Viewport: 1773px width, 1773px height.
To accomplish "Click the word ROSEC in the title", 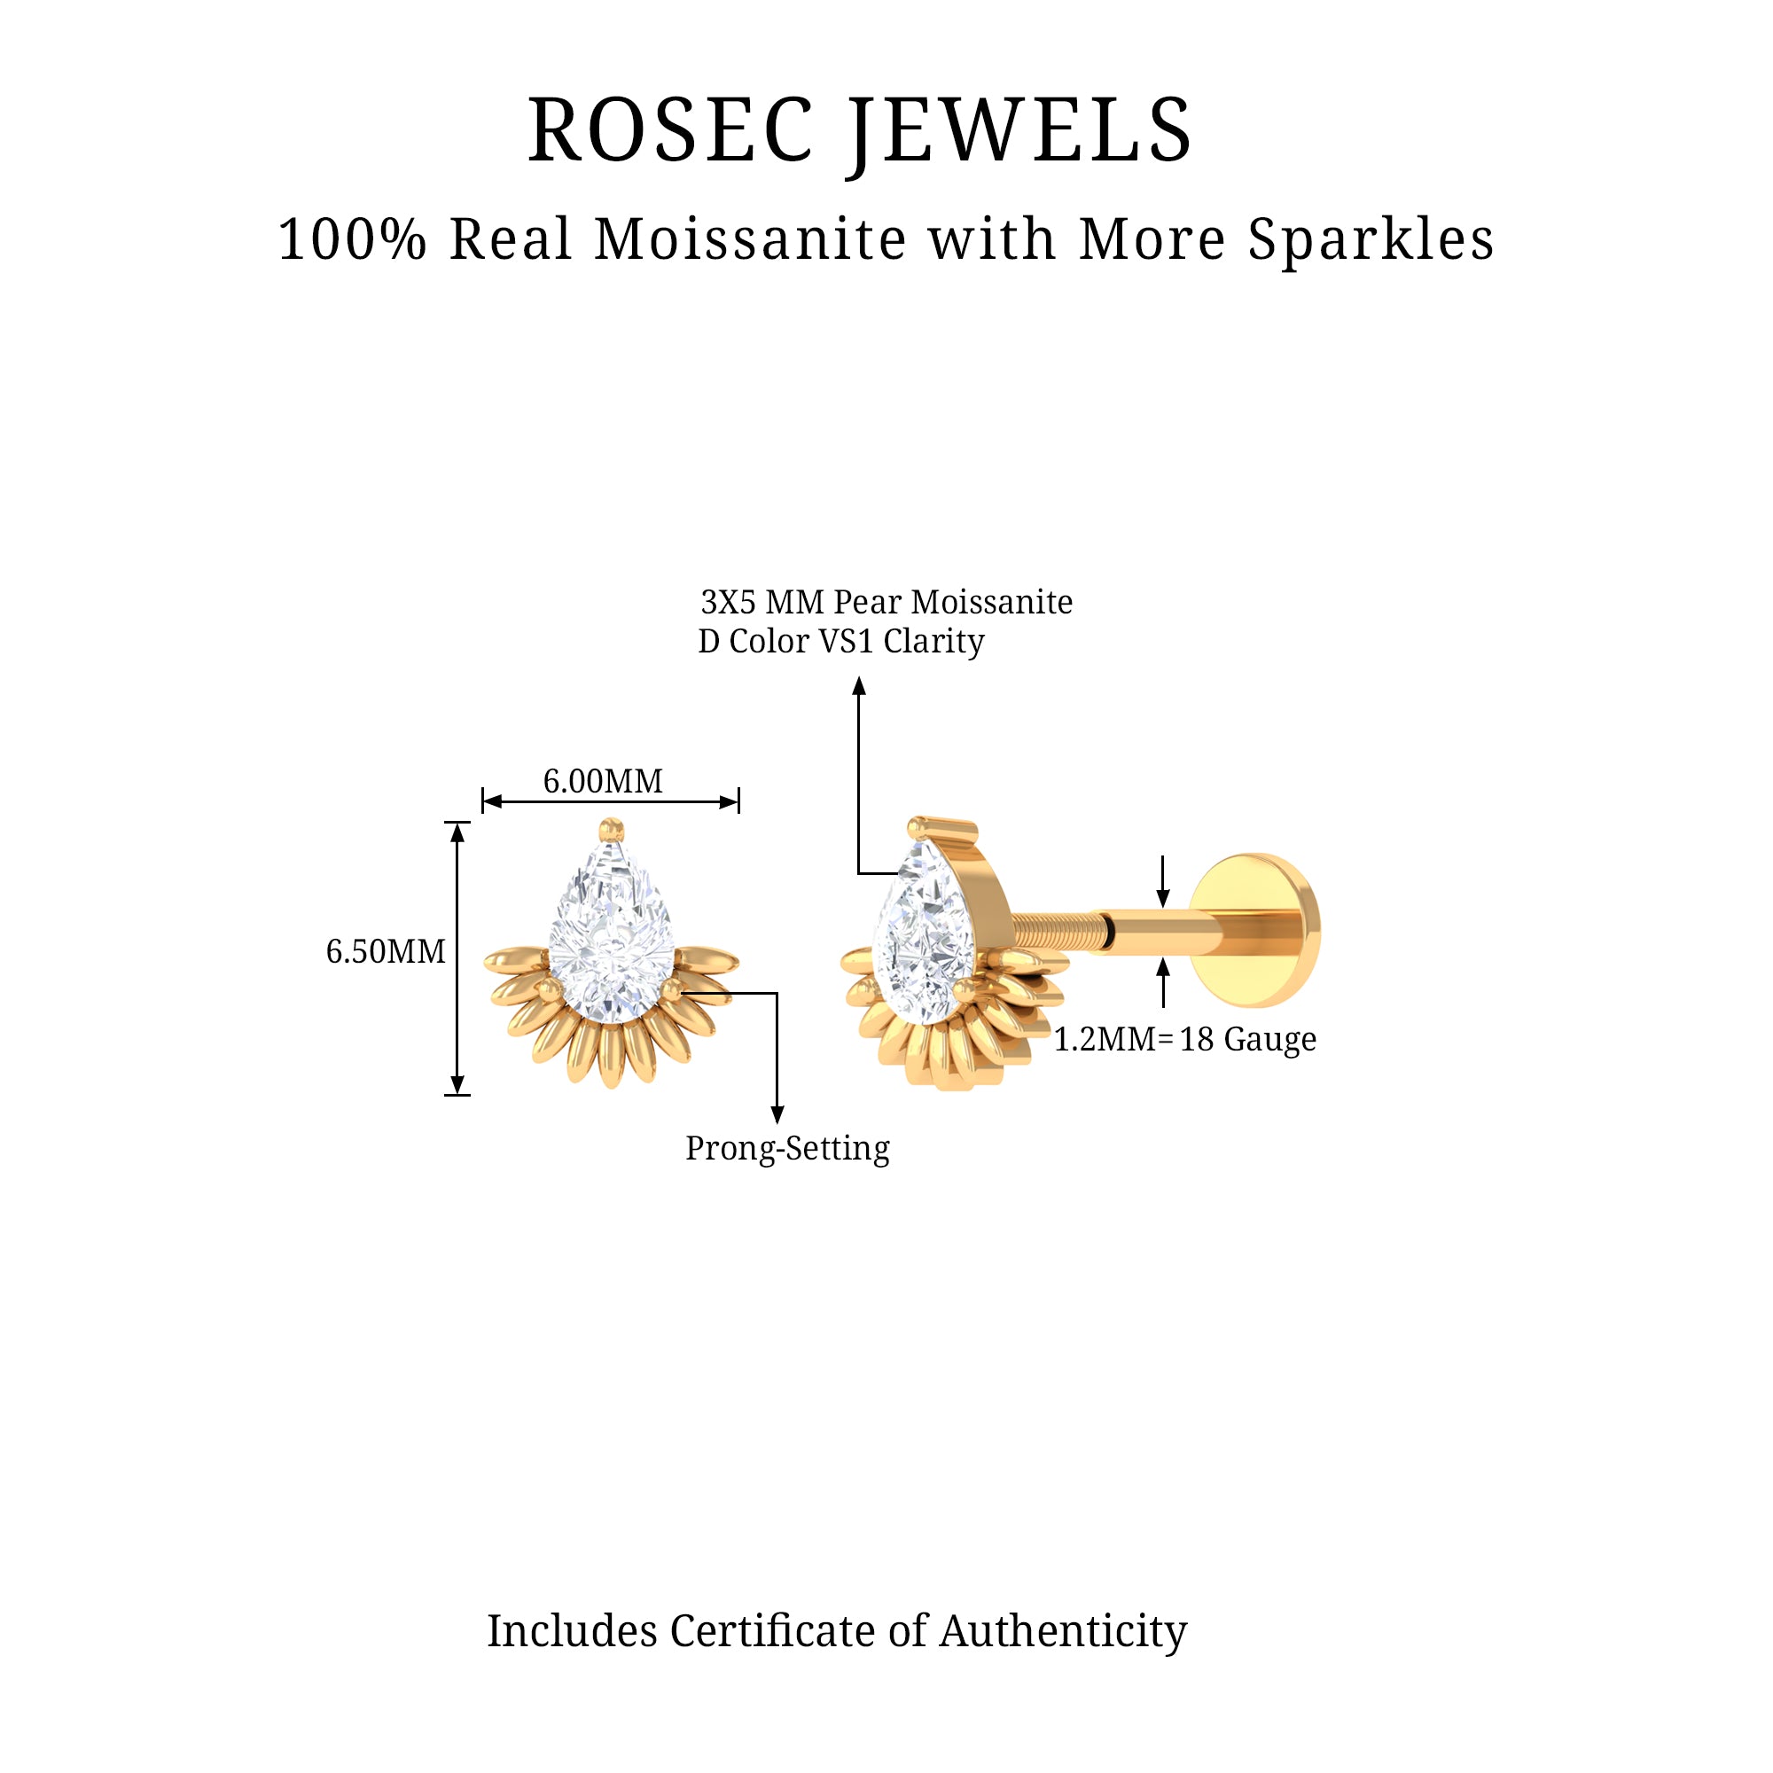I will [x=670, y=131].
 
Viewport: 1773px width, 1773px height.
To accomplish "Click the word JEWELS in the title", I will [x=1020, y=131].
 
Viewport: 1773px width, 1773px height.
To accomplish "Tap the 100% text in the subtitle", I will [x=353, y=239].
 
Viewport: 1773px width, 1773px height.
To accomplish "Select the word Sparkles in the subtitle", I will [x=1371, y=239].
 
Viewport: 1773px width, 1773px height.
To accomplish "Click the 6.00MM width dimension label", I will [x=603, y=781].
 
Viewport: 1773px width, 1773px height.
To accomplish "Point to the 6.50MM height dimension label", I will [x=386, y=950].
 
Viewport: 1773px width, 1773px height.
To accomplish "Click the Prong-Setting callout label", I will [x=787, y=1148].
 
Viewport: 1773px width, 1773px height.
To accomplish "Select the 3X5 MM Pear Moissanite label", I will [x=886, y=602].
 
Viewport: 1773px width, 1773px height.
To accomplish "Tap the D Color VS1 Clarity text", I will [x=840, y=641].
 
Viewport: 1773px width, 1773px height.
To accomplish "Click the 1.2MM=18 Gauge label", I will [x=1184, y=1039].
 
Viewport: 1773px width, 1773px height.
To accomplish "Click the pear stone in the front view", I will [x=612, y=936].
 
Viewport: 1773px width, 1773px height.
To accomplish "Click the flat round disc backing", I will [x=1255, y=931].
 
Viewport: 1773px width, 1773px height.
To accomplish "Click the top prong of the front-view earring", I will [x=611, y=830].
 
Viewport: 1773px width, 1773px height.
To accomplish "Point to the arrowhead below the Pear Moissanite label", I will [x=859, y=686].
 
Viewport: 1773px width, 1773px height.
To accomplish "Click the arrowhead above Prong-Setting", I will [x=777, y=1115].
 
